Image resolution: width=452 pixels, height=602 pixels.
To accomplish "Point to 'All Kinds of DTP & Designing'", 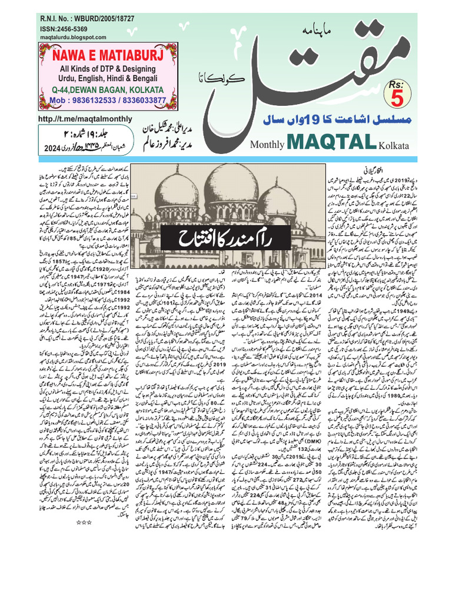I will click(109, 69).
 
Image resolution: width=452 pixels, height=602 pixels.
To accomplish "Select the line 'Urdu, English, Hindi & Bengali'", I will click(109, 79).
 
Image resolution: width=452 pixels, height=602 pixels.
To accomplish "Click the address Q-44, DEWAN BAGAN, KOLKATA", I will click(109, 91).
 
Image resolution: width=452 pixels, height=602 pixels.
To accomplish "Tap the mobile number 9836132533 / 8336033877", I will click(109, 101).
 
